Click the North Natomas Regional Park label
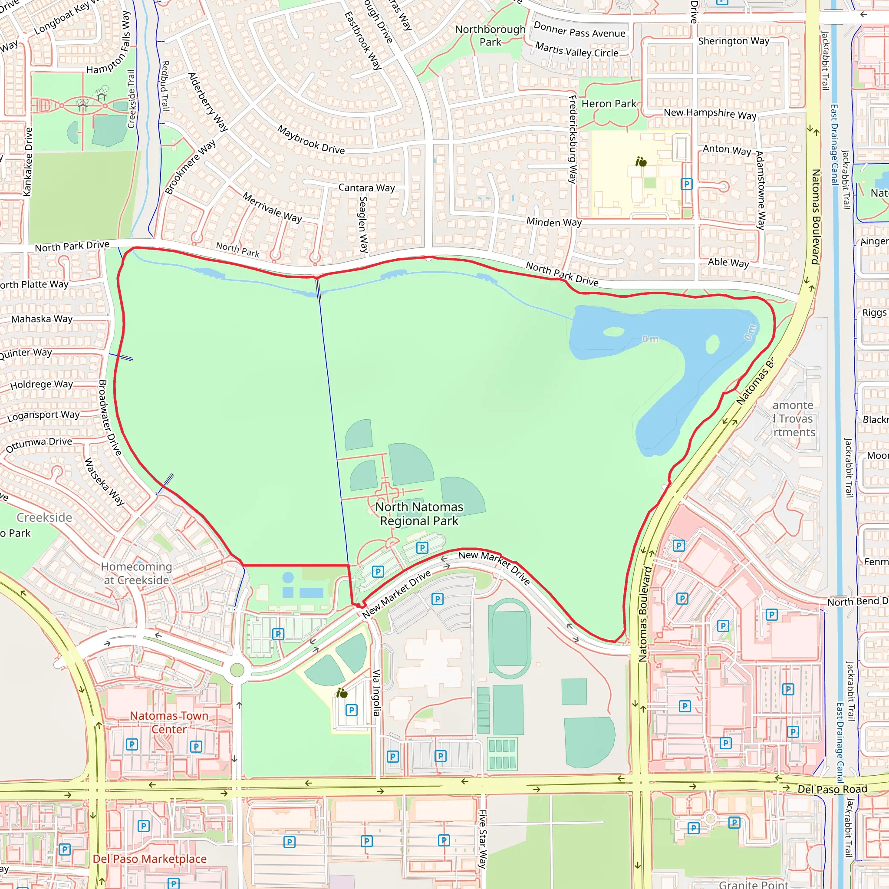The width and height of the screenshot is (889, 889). coord(419,514)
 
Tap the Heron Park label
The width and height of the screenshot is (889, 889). coord(608,104)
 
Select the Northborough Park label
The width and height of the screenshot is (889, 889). coord(490,36)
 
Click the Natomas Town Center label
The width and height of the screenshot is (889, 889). coord(169,722)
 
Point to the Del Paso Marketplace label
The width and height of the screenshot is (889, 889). coord(150,859)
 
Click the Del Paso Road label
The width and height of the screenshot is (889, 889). coord(832,789)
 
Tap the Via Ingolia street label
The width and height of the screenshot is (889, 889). coord(376,692)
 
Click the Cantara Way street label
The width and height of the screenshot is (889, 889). coord(366,188)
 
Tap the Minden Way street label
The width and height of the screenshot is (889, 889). coord(554,222)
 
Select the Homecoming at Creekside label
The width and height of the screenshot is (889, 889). coord(136,573)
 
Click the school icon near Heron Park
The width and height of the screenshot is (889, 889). coord(641,161)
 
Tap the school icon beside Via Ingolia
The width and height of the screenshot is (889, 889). coord(342,693)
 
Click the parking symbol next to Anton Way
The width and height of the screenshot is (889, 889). coord(686,184)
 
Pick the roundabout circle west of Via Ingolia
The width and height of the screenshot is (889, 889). coord(237,669)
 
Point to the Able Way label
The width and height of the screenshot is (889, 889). coord(728,263)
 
